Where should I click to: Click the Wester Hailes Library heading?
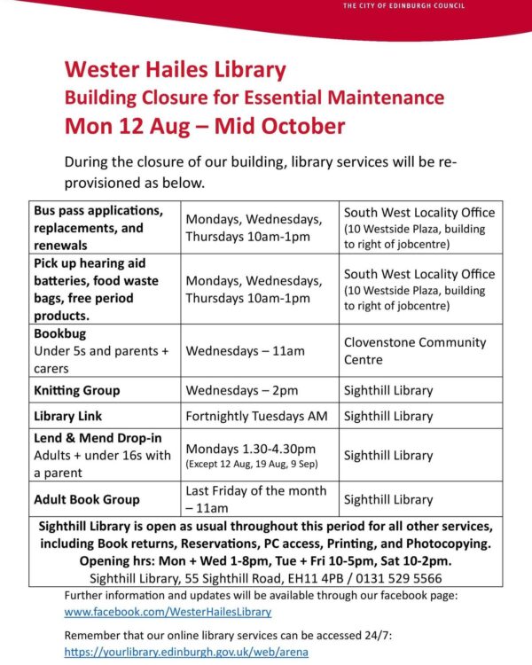[x=175, y=69]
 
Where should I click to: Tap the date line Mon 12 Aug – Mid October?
[x=204, y=125]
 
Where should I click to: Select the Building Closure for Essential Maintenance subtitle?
[x=254, y=97]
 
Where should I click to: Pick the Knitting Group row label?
[x=76, y=390]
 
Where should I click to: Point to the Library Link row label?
[x=67, y=416]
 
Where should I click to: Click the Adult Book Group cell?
[x=88, y=499]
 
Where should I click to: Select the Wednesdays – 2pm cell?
[x=242, y=390]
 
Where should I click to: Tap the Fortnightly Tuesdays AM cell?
[x=256, y=416]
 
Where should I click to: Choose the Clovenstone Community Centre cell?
[x=415, y=351]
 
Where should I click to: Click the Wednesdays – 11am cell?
[x=245, y=351]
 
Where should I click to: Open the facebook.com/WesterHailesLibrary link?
[x=168, y=611]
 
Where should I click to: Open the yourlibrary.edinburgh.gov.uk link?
[x=186, y=652]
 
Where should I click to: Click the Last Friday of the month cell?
[x=255, y=491]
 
